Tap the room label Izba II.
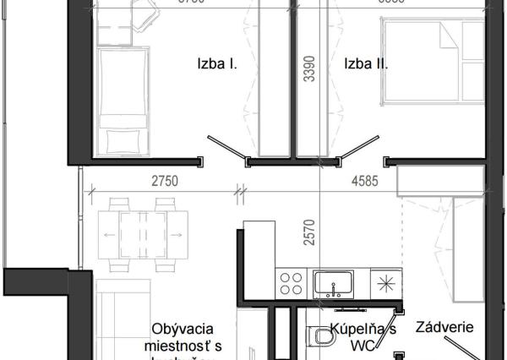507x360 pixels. tap(365, 63)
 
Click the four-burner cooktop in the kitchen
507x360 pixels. tap(292, 281)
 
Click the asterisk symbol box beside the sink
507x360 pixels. tap(387, 282)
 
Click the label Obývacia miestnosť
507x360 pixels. tap(183, 337)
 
